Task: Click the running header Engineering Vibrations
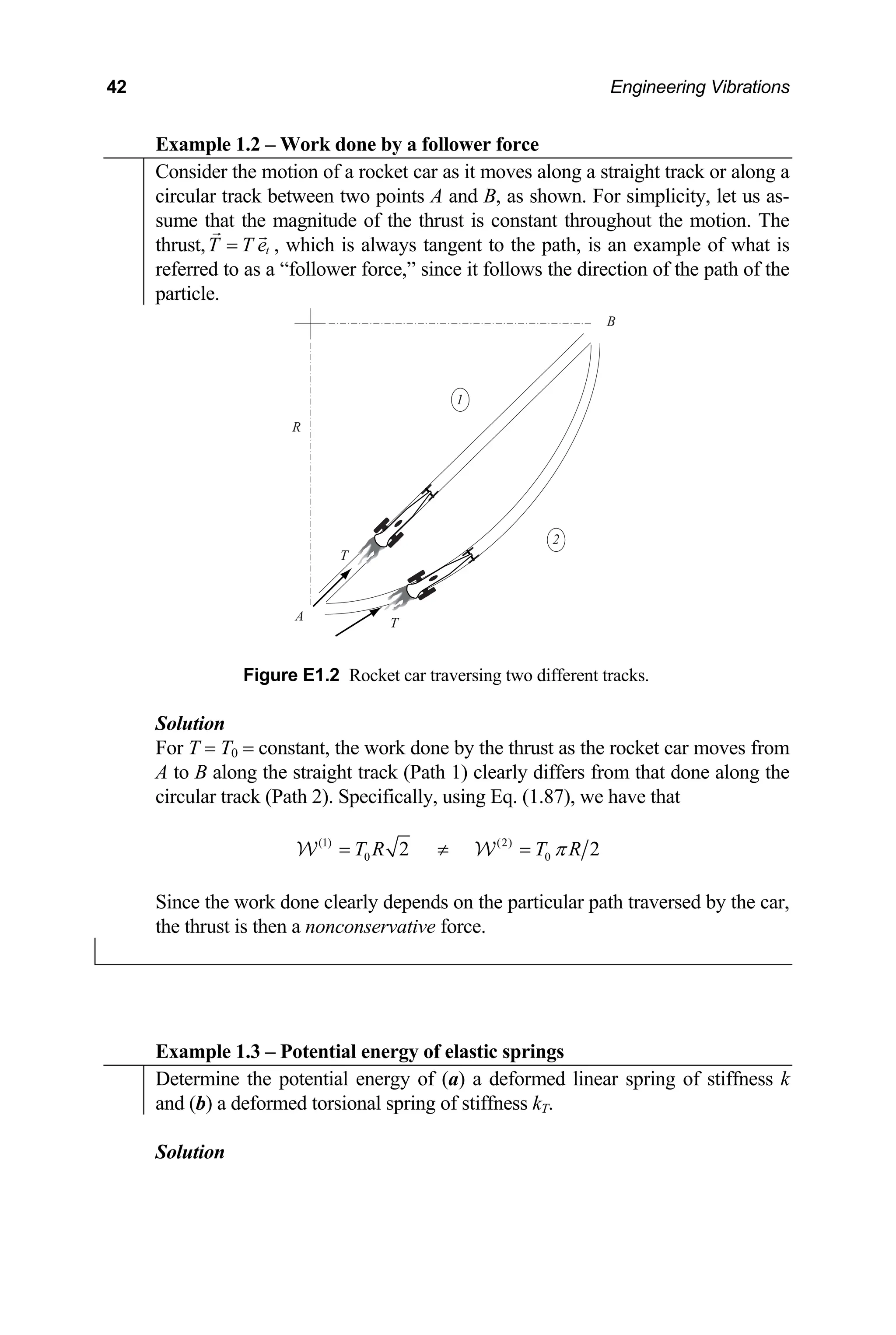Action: (x=700, y=87)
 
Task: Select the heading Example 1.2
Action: (x=346, y=144)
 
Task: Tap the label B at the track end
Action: (x=610, y=322)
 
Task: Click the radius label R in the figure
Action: (x=296, y=427)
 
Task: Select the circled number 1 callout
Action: (x=460, y=399)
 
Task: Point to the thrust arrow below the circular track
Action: (x=357, y=622)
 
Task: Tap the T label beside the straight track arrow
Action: (x=344, y=555)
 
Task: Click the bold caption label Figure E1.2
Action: (x=291, y=676)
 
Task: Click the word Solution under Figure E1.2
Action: (x=190, y=723)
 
